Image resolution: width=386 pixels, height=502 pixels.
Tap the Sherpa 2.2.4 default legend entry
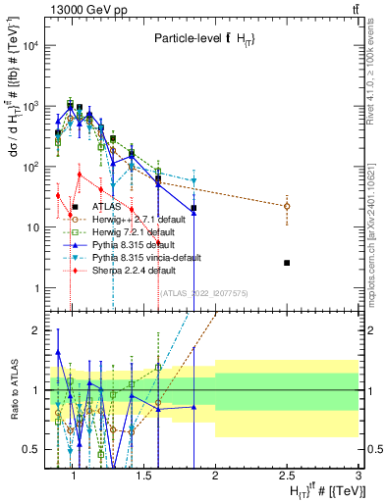[x=127, y=269]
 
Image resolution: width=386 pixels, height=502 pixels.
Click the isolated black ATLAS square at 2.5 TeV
[x=287, y=263]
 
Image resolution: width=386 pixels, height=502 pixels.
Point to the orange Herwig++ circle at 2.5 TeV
[x=287, y=206]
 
